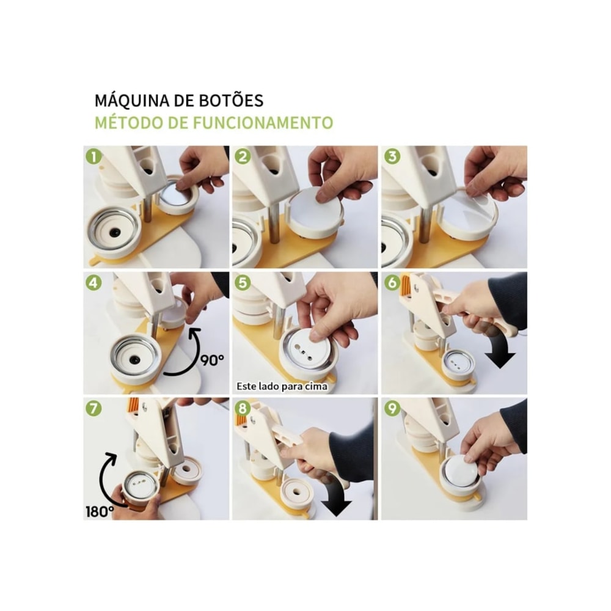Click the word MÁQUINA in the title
click(132, 101)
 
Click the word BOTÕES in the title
click(231, 101)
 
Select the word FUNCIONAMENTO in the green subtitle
click(263, 123)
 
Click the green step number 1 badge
click(93, 156)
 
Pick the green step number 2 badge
click(243, 156)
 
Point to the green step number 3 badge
click(392, 156)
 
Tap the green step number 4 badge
click(93, 283)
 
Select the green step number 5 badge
click(243, 283)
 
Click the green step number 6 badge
click(392, 283)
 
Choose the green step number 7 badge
click(93, 409)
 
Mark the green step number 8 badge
click(243, 409)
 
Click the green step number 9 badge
click(392, 409)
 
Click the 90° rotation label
click(213, 360)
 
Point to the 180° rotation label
click(100, 511)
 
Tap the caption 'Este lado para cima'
click(282, 386)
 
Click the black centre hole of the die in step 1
click(115, 233)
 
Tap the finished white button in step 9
click(463, 470)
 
